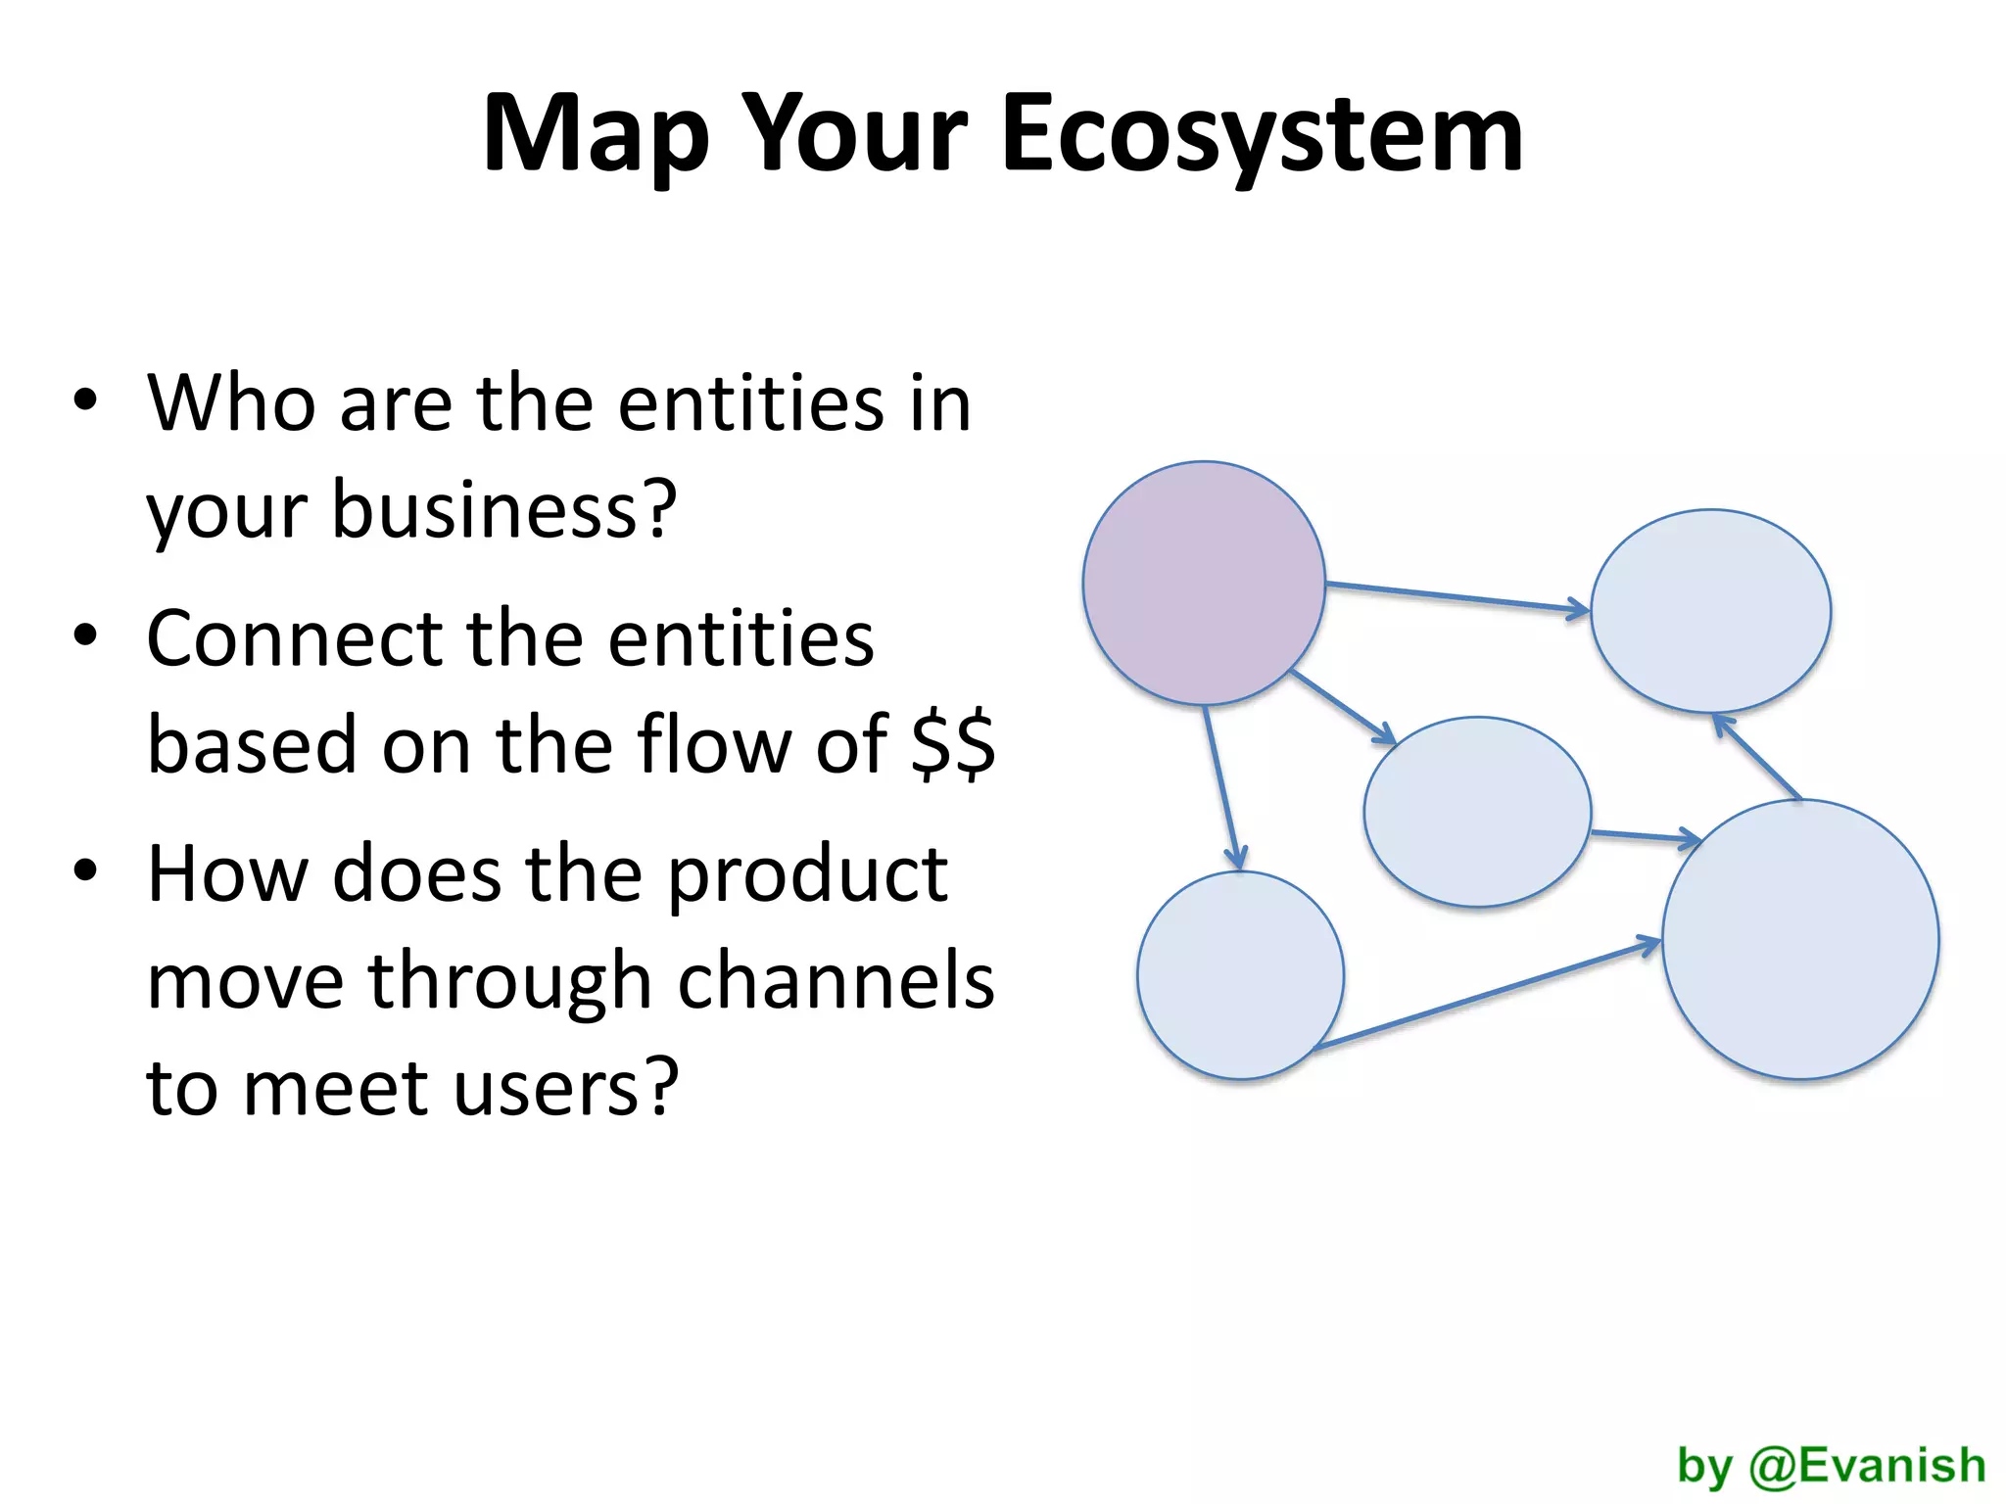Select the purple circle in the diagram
(x=1204, y=584)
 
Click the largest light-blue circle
(x=1800, y=940)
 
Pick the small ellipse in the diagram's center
(x=1477, y=812)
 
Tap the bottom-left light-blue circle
(x=1240, y=975)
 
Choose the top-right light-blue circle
(x=1710, y=611)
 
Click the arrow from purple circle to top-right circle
(x=1457, y=597)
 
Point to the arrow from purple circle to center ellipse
(x=1342, y=706)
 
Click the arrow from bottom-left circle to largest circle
(x=1486, y=996)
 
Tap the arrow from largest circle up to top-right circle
(x=1758, y=758)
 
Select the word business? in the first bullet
(x=504, y=510)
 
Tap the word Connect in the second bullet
(x=294, y=638)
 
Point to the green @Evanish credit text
(x=1866, y=1466)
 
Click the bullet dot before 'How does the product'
(x=86, y=870)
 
